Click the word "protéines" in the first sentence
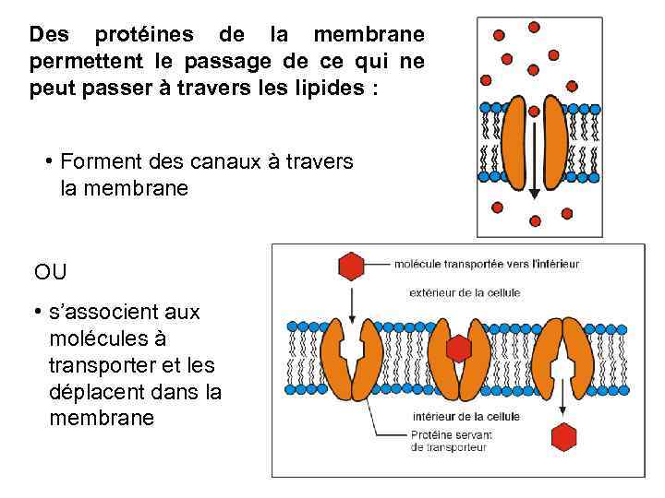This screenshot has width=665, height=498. tap(144, 36)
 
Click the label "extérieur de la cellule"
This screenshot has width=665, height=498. tap(464, 292)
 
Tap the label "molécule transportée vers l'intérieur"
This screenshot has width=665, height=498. tap(486, 264)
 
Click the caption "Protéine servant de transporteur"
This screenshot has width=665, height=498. tap(451, 441)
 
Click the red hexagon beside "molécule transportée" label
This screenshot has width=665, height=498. tap(352, 266)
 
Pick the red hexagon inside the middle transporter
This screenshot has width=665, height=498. tap(458, 349)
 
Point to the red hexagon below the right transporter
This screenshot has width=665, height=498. tap(562, 436)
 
